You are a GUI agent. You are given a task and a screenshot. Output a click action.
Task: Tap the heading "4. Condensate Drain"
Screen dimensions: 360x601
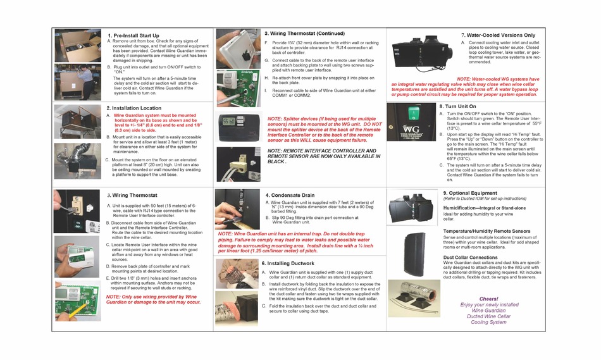coord(290,196)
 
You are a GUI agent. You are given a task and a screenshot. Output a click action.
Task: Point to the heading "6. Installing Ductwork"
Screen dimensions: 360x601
coord(290,263)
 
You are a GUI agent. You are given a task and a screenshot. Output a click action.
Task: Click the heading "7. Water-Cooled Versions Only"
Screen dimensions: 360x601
coord(498,35)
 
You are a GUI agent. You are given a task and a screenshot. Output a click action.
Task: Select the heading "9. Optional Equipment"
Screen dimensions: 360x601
coord(470,192)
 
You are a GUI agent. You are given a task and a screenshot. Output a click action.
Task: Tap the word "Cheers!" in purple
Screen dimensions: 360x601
coord(488,298)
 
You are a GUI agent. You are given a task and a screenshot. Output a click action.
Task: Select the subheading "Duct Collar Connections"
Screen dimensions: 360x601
coord(470,258)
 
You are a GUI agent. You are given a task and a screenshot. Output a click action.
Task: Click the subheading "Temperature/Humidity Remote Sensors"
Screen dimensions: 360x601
coord(486,232)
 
